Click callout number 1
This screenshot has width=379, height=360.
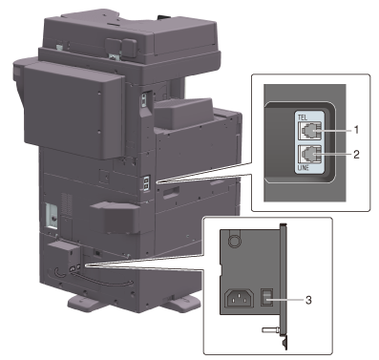click(x=357, y=130)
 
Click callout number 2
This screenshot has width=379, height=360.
click(x=356, y=155)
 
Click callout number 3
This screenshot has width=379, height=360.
click(x=308, y=300)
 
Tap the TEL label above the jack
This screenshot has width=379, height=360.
click(x=303, y=117)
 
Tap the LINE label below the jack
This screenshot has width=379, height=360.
click(x=304, y=167)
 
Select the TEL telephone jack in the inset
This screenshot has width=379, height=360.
click(x=309, y=131)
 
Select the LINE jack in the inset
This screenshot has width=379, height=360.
click(x=309, y=155)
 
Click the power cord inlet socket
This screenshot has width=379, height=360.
click(x=239, y=298)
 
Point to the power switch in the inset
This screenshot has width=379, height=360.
click(x=266, y=297)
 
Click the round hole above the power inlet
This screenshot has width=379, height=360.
click(x=234, y=241)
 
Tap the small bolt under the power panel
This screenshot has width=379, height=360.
click(x=270, y=330)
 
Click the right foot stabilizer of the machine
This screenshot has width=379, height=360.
click(x=181, y=303)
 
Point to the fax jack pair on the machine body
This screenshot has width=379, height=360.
click(x=146, y=183)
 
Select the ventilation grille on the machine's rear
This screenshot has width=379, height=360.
click(x=66, y=204)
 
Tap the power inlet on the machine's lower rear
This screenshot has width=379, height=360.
click(x=73, y=268)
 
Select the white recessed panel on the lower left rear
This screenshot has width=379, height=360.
click(x=52, y=217)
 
